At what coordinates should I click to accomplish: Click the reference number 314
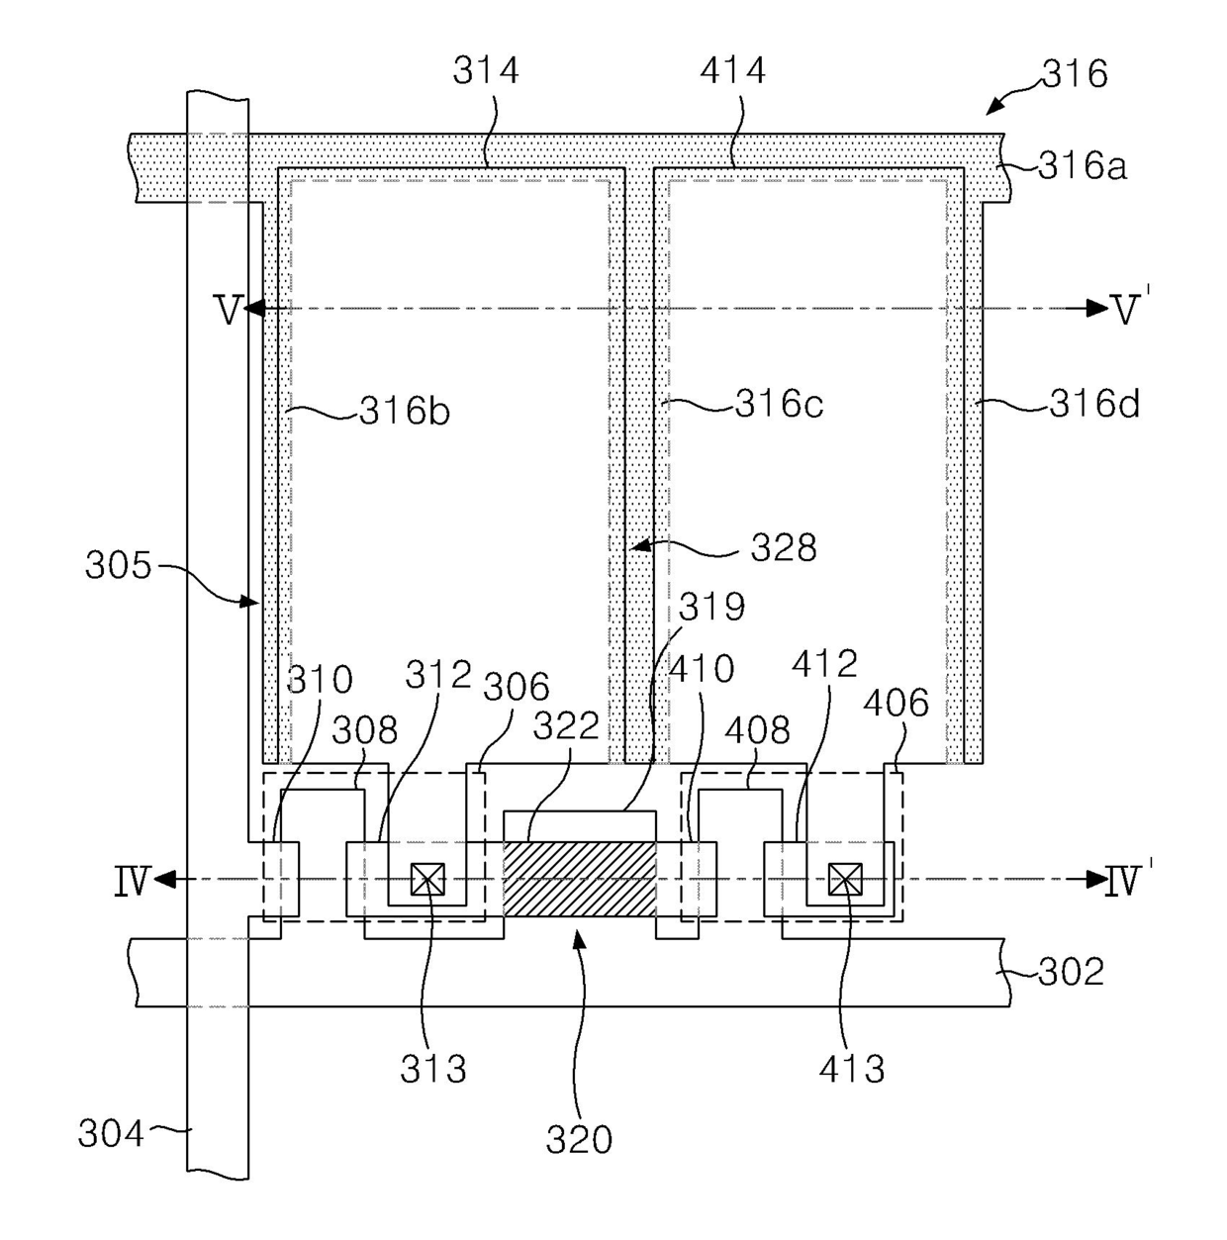pos(485,70)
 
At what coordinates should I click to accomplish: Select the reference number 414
pos(732,70)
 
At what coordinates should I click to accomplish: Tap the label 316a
pos(1083,166)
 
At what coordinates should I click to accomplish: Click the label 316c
pos(779,404)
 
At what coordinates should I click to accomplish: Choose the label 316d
pos(1094,404)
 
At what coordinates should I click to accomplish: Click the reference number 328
pos(784,547)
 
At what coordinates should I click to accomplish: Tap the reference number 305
pos(118,566)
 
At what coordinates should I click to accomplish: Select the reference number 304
pos(111,1133)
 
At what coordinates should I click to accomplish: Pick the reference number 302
pos(1072,971)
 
